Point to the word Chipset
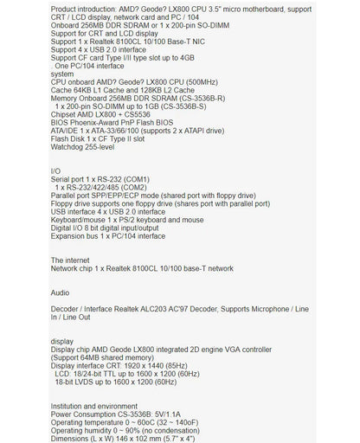click(x=65, y=112)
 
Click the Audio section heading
click(x=60, y=292)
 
